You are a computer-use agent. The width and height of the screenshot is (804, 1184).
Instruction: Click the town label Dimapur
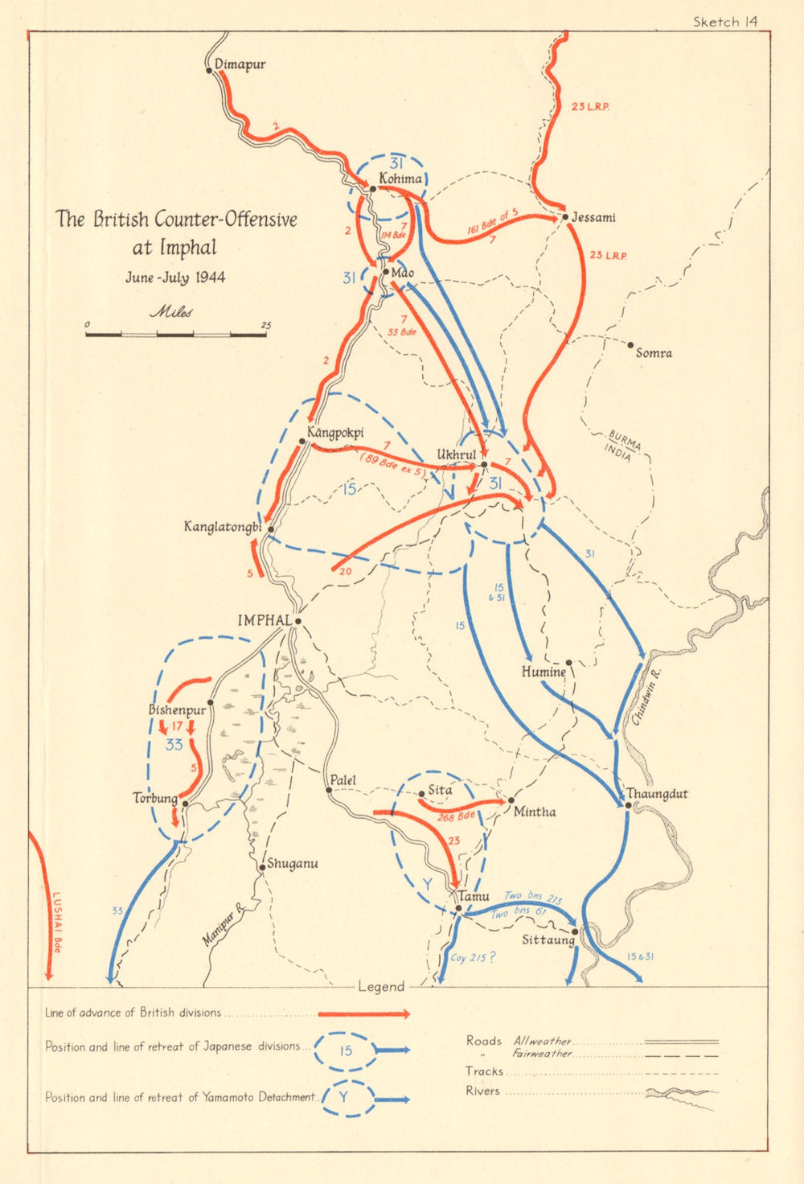(x=240, y=64)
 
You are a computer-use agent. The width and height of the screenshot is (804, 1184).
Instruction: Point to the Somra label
(x=654, y=353)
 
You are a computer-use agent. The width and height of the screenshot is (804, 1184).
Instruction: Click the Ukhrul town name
(x=456, y=455)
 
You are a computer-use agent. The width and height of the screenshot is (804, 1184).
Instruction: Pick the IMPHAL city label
(x=265, y=620)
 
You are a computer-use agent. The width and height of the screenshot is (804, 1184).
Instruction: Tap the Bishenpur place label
(x=177, y=710)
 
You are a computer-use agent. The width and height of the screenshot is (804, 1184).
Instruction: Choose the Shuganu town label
(x=292, y=864)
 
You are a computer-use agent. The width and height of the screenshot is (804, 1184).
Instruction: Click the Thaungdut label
(x=657, y=794)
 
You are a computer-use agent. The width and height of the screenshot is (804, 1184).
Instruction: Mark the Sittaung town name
(x=548, y=939)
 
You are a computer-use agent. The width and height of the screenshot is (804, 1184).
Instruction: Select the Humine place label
(x=544, y=672)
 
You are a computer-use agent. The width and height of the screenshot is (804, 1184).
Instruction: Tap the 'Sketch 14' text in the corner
(x=725, y=22)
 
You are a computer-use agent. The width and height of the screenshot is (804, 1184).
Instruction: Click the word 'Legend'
(x=381, y=987)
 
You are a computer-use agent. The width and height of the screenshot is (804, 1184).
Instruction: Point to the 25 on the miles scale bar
(x=265, y=325)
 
